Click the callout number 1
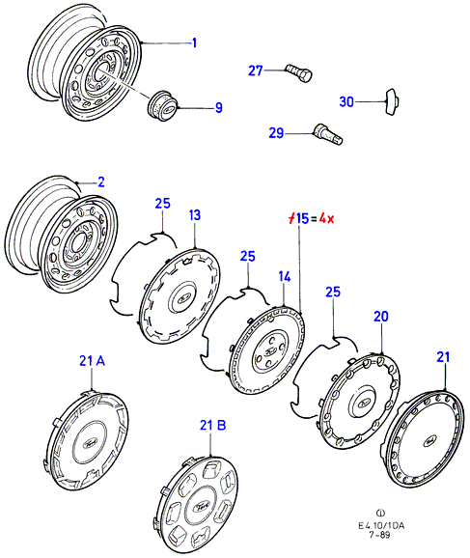tap(194, 43)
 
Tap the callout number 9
tap(219, 108)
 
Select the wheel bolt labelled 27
tap(299, 72)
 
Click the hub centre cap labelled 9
tap(162, 106)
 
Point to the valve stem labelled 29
tap(327, 134)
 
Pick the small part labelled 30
tap(392, 101)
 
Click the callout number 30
tap(346, 102)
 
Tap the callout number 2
tap(101, 181)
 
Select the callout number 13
tap(195, 215)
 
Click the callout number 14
tap(285, 277)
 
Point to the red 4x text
tap(326, 218)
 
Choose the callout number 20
tap(381, 317)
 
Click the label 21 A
tap(92, 361)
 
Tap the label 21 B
tap(212, 425)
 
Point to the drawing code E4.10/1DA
tap(381, 525)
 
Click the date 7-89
tap(379, 535)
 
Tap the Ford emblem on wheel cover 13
tap(183, 296)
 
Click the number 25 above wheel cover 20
tap(333, 292)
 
